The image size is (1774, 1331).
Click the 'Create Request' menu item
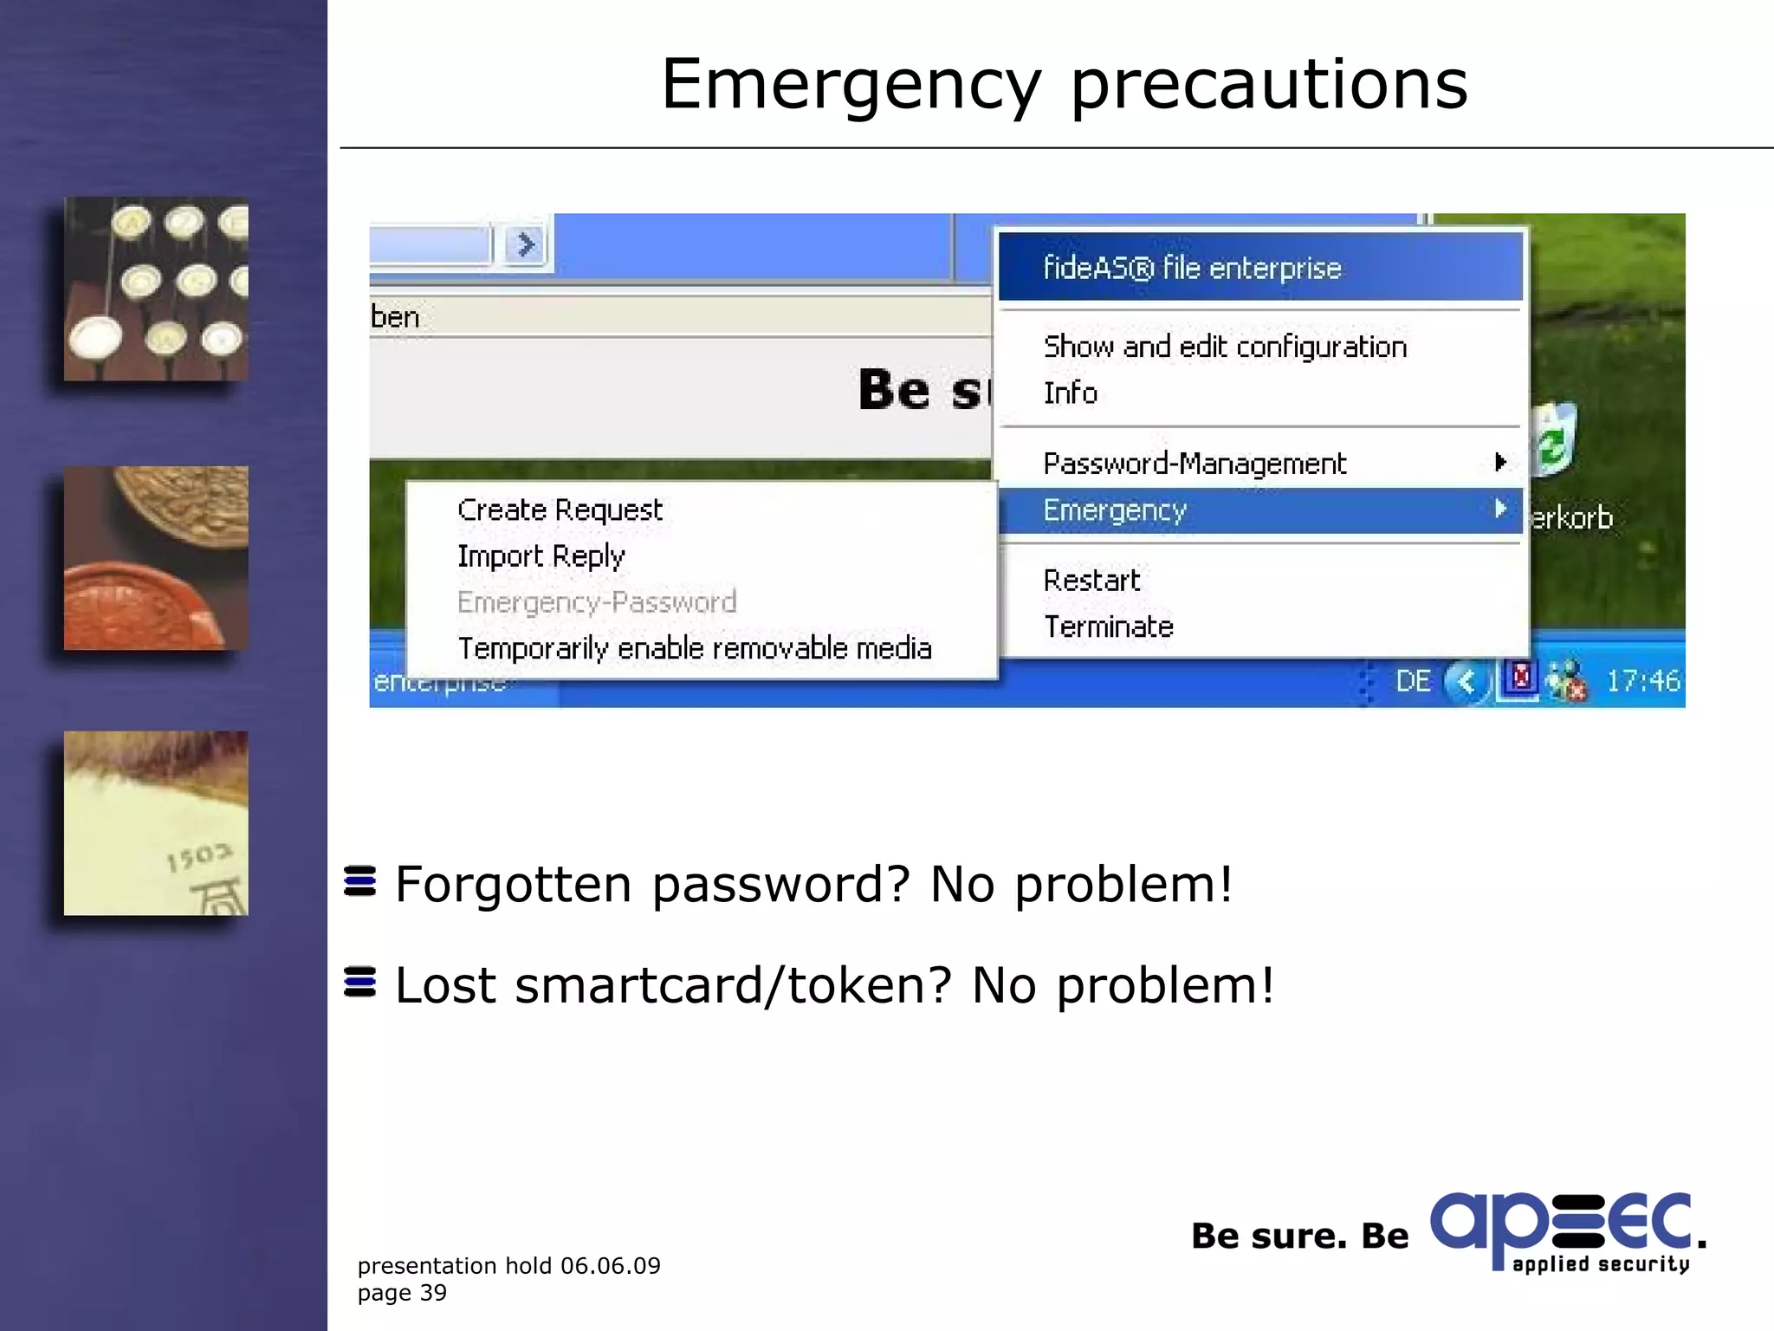(560, 510)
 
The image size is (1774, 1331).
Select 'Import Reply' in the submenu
(541, 555)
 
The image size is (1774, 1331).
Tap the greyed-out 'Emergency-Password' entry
(597, 601)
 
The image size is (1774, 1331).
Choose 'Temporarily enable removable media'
(694, 648)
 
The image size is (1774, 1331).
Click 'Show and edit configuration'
(1225, 347)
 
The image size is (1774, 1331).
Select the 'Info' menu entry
(1071, 393)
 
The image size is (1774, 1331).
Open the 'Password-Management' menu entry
(1195, 464)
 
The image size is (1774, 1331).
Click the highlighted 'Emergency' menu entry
(1115, 510)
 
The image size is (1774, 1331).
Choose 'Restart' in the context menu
(1091, 580)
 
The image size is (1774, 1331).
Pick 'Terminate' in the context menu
(1108, 627)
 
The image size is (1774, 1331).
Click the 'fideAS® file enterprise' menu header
(1192, 268)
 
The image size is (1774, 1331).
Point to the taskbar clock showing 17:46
(1642, 681)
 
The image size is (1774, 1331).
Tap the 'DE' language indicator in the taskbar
(1413, 681)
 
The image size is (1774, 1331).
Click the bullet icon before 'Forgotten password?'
(360, 881)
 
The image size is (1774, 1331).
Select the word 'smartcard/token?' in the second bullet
(733, 986)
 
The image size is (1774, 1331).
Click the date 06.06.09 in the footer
(610, 1266)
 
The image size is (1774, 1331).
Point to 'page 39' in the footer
(402, 1293)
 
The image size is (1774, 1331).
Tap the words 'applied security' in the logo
(1600, 1264)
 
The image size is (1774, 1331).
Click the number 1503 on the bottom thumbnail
(199, 857)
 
